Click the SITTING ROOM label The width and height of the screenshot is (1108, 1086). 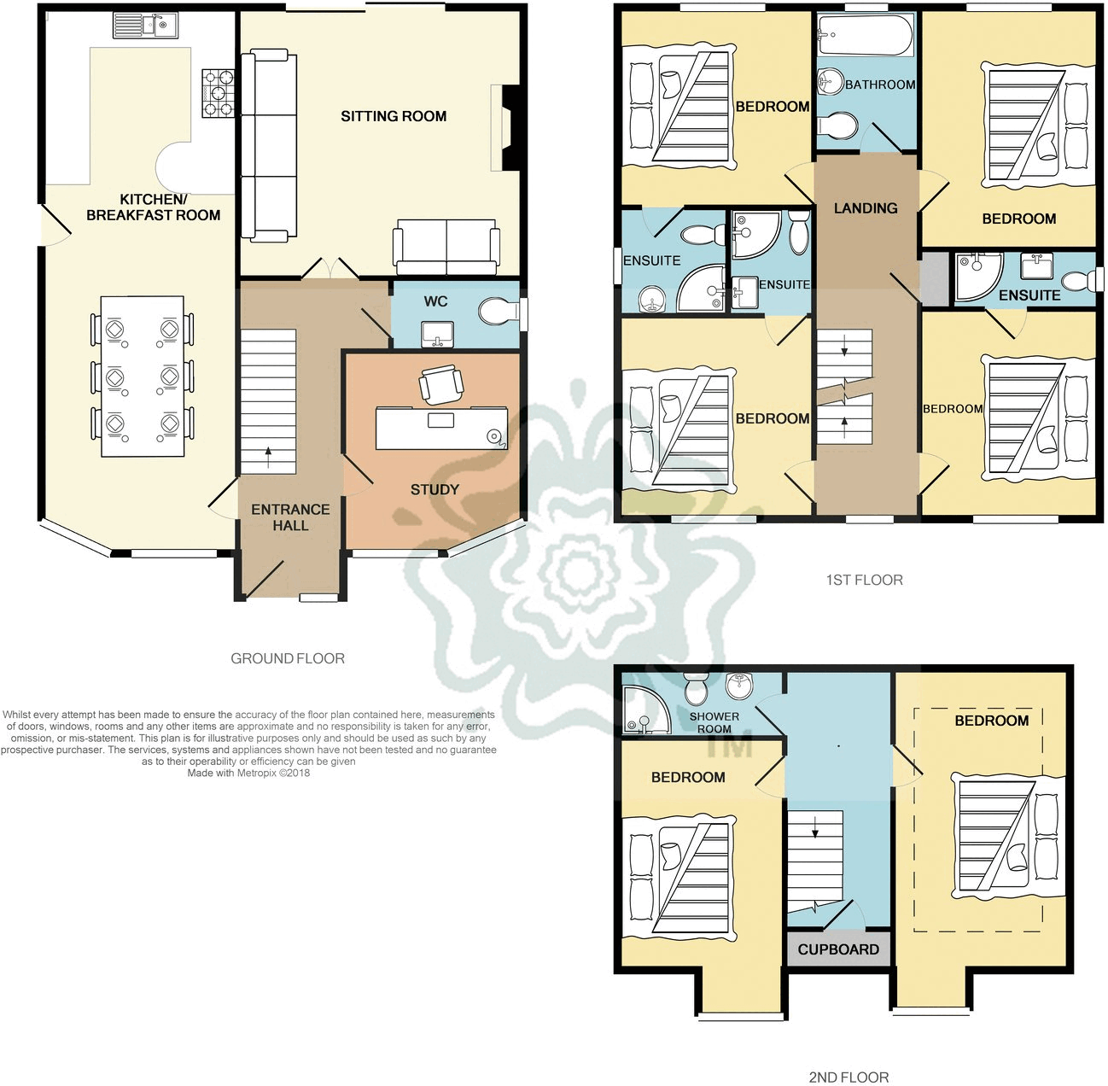[394, 116]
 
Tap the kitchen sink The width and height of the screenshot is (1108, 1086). [145, 26]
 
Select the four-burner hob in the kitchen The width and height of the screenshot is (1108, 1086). [219, 92]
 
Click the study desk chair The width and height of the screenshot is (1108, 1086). [441, 385]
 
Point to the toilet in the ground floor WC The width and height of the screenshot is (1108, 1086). [498, 312]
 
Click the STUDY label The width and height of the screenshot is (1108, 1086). [434, 489]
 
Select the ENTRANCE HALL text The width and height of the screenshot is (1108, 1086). [290, 517]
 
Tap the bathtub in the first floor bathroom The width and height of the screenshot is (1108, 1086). [865, 35]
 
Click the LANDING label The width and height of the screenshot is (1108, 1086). [866, 208]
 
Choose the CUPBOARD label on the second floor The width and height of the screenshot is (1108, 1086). [838, 949]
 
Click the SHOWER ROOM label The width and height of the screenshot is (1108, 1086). [714, 722]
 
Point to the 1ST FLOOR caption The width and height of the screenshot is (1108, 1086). [864, 580]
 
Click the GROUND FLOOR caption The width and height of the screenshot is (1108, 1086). [288, 658]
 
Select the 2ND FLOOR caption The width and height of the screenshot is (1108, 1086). [848, 1077]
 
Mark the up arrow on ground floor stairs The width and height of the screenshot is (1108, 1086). [269, 454]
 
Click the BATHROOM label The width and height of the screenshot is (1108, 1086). [880, 85]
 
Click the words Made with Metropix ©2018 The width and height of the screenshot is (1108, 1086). [248, 773]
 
